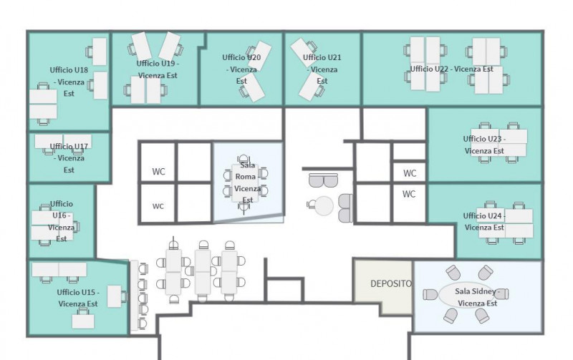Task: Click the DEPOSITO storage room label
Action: coord(390,283)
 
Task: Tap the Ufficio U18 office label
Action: coord(69,82)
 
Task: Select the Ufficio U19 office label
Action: coord(158,69)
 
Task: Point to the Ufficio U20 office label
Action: coord(241,69)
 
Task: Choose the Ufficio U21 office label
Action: coord(322,69)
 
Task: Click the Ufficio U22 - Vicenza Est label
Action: coord(452,69)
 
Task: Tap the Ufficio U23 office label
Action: coord(484,145)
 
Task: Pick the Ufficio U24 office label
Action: coord(484,221)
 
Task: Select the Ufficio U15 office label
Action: coord(78,298)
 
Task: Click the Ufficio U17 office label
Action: coord(69,158)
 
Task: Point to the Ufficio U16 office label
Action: coord(62,221)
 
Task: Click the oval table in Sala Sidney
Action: coord(467,296)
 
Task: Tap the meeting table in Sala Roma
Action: coord(245,183)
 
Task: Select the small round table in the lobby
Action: coord(324,205)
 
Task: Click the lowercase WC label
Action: coord(158,206)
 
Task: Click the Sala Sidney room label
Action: coord(477,297)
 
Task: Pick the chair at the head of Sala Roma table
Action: coord(244,159)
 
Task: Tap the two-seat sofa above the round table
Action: coord(324,180)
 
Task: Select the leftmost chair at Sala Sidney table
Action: coord(430,295)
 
